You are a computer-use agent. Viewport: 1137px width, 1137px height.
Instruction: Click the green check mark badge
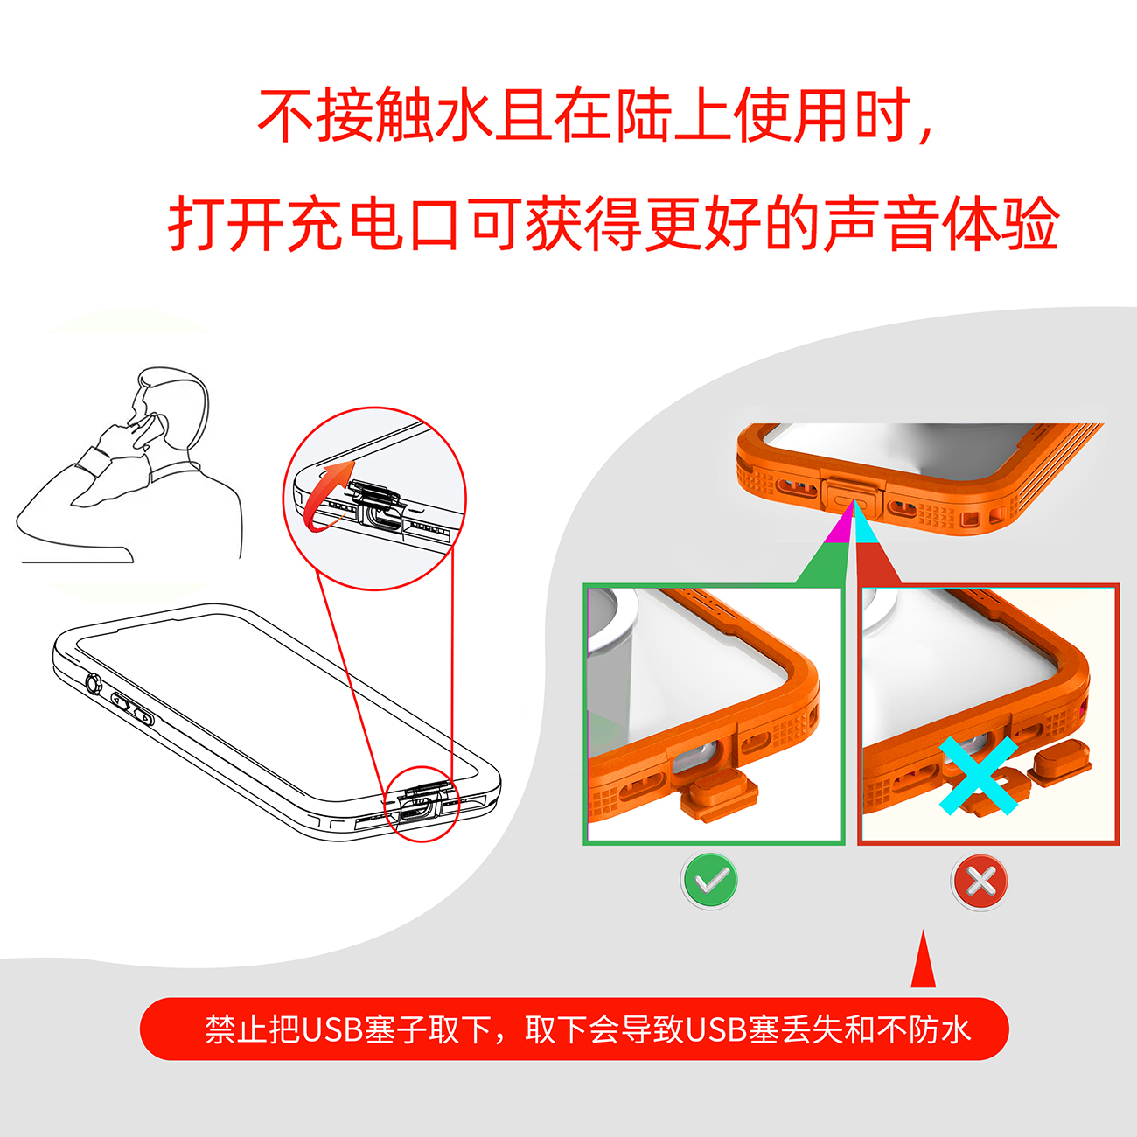pyautogui.click(x=710, y=882)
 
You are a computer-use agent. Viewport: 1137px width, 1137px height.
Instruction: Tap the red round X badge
pyautogui.click(x=980, y=882)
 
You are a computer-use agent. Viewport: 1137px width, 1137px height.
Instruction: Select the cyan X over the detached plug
pyautogui.click(x=979, y=776)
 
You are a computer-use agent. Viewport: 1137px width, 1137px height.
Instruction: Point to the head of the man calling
pyautogui.click(x=171, y=407)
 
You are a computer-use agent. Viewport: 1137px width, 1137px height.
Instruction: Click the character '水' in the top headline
pyautogui.click(x=464, y=115)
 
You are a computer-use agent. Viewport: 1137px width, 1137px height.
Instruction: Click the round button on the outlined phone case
pyautogui.click(x=94, y=685)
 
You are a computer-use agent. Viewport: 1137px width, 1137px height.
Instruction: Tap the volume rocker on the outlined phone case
pyautogui.click(x=133, y=708)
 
